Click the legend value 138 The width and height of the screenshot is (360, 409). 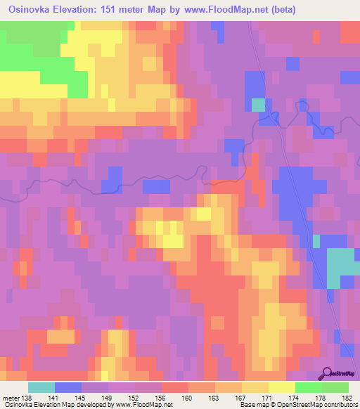(27, 398)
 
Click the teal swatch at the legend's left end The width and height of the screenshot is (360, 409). (41, 387)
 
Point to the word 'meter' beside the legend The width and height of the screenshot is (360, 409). (10, 398)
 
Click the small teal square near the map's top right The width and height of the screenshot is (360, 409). (259, 105)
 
